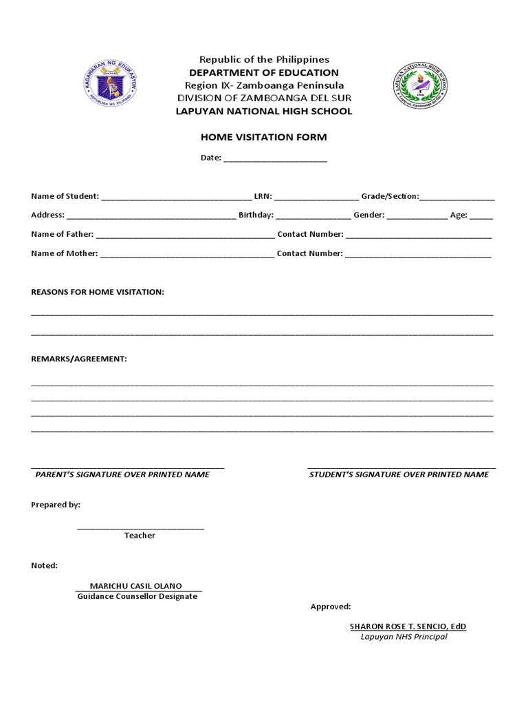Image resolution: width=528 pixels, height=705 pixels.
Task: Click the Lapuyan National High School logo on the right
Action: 421,85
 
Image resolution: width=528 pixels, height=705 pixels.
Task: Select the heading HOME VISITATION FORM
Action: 264,137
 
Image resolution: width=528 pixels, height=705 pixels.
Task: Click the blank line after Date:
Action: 275,158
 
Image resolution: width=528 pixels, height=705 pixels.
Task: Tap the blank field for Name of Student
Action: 176,197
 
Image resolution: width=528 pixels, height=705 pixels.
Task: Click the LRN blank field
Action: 316,197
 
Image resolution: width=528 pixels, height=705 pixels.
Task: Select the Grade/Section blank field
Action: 457,197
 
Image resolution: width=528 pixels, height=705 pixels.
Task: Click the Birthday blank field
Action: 313,215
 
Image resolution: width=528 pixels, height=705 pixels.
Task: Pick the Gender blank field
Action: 417,215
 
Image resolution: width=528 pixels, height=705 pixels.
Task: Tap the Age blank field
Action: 481,215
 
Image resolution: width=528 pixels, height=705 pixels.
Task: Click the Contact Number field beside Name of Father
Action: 418,235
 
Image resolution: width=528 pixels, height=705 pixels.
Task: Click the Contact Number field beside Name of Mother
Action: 418,254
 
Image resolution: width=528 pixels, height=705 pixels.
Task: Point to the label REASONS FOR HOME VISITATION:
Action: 98,292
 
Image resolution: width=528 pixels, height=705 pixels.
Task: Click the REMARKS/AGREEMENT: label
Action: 79,359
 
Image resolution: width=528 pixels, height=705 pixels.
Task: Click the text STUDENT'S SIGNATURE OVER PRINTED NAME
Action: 399,474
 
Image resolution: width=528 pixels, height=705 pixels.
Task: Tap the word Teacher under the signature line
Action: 140,536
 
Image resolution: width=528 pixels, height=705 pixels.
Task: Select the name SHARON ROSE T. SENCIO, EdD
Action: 408,627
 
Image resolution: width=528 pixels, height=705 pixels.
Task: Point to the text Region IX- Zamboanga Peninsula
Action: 264,85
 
